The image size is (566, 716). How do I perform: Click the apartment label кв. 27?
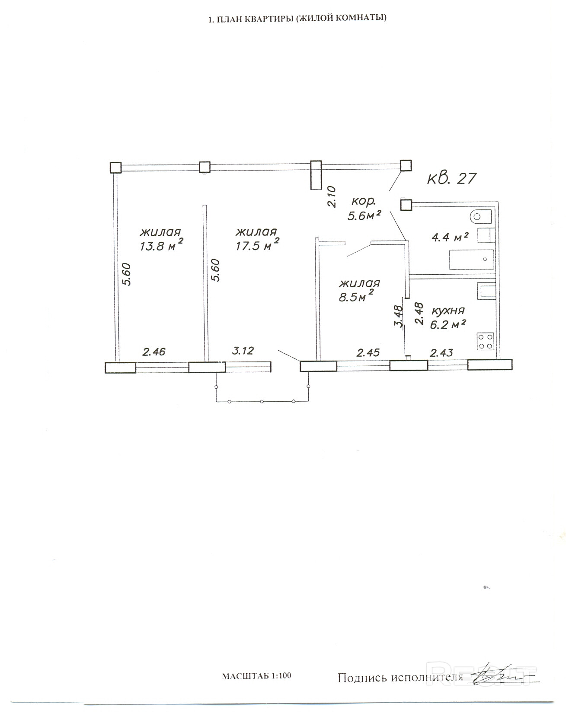tap(452, 178)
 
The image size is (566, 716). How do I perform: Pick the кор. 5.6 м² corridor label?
tap(365, 209)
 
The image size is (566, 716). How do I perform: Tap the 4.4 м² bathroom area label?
tap(450, 237)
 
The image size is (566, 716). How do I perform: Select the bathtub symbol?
tap(472, 260)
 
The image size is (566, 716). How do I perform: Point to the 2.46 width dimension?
tap(154, 352)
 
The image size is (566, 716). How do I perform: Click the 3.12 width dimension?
tap(243, 351)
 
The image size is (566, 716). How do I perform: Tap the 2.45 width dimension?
tap(368, 352)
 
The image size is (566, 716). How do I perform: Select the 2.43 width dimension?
tap(441, 353)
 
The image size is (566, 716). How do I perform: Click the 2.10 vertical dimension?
tap(332, 196)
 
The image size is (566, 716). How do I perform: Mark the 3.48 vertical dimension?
tap(399, 317)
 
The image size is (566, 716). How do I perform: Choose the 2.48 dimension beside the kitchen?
tap(418, 313)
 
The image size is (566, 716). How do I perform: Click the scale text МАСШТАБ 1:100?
tap(256, 676)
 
